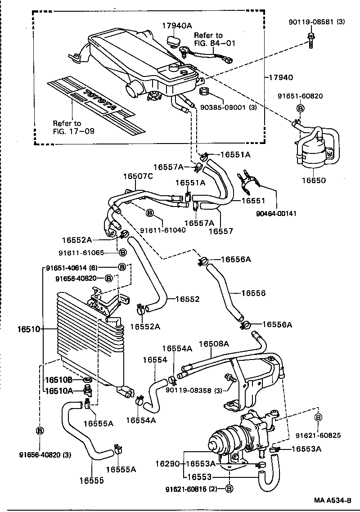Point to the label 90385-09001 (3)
(x=228, y=108)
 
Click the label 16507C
(x=138, y=176)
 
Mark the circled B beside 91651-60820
(x=300, y=108)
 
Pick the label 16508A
(x=214, y=343)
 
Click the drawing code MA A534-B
(x=332, y=500)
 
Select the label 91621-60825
(x=318, y=436)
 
